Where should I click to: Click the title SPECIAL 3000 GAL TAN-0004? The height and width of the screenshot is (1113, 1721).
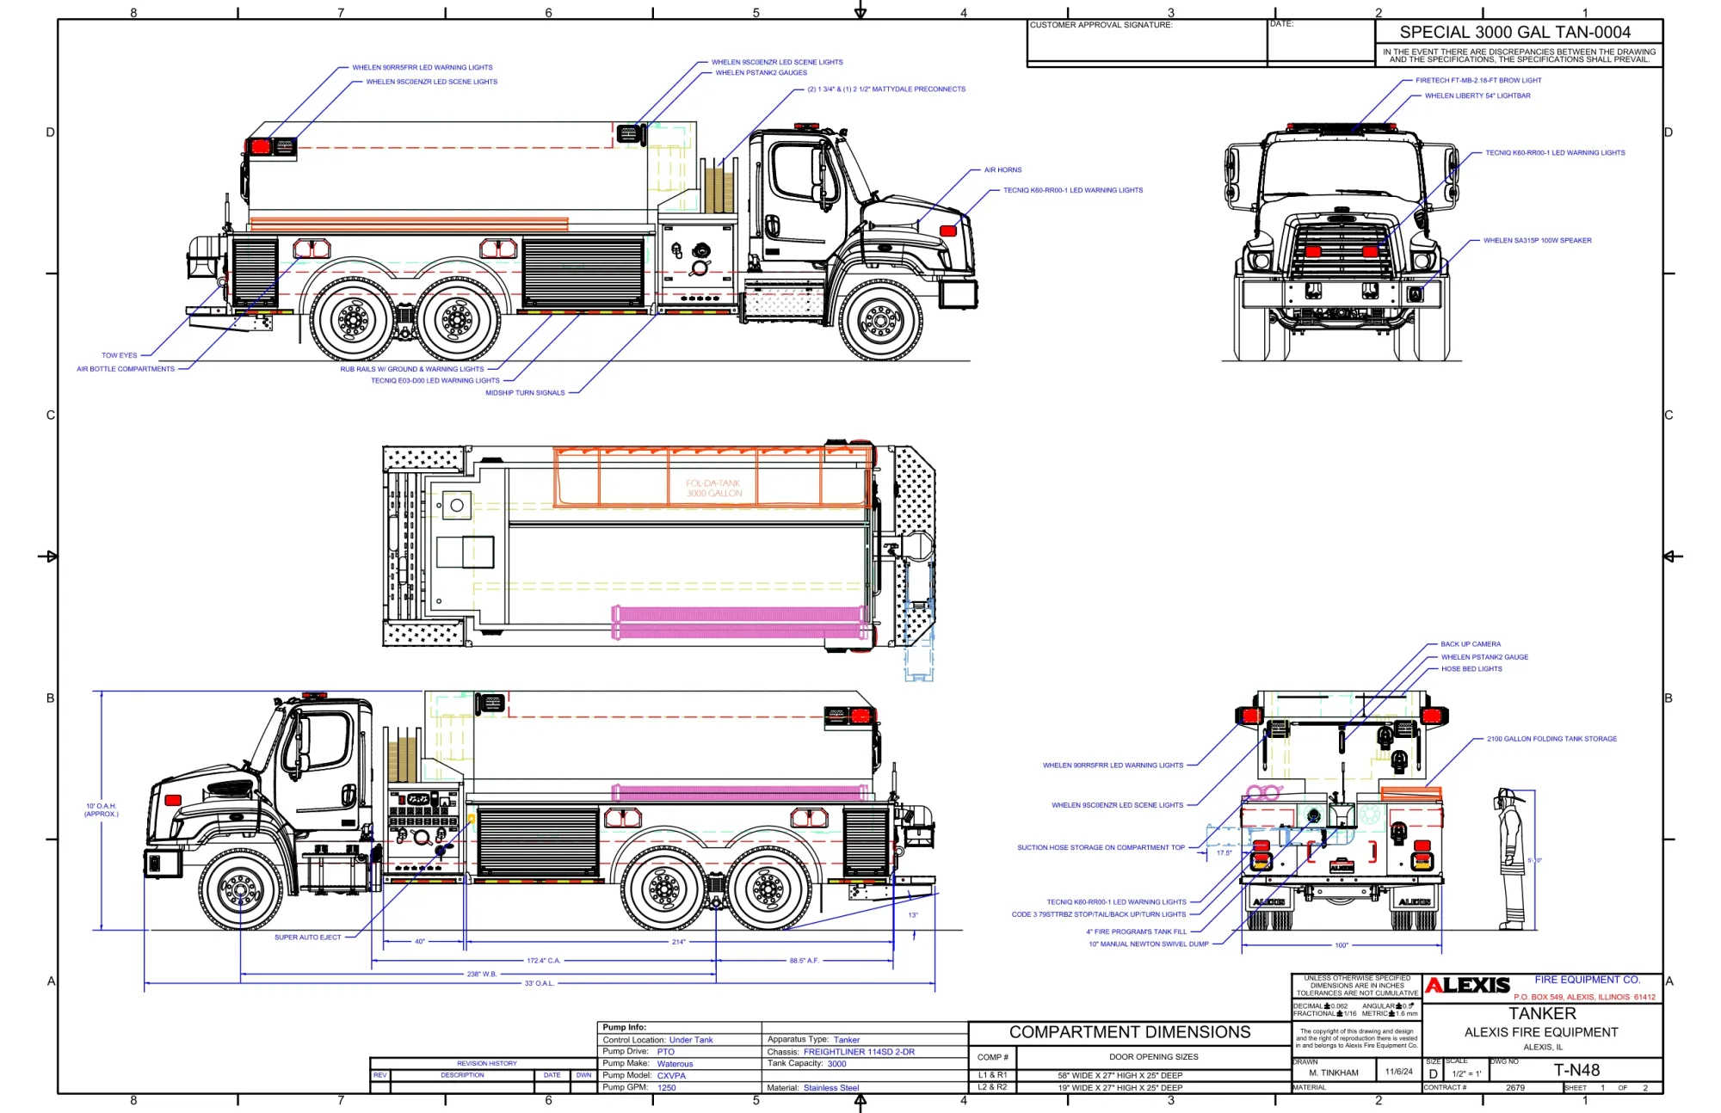1514,33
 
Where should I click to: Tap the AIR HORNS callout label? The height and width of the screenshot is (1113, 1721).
1002,170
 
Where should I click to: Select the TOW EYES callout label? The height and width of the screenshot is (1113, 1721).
119,355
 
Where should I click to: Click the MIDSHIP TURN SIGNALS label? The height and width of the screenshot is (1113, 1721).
525,393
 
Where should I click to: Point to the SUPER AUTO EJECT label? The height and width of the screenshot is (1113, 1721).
307,938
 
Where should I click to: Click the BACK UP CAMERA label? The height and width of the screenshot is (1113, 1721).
1470,644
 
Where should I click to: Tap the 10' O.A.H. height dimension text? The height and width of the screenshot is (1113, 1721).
102,809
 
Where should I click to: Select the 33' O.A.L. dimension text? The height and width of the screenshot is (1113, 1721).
539,983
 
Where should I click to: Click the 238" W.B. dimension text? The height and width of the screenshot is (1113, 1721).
481,975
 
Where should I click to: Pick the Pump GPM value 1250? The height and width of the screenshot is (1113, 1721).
666,1088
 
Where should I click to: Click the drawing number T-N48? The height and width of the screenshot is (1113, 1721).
1576,1070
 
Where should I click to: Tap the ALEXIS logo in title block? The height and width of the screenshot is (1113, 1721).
1467,986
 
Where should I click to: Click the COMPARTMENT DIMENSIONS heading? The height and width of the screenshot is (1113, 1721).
1129,1032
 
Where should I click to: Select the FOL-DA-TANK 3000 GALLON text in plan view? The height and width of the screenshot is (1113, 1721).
713,489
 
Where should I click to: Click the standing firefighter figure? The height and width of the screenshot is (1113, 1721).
1510,858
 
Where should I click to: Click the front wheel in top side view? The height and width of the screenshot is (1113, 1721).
880,320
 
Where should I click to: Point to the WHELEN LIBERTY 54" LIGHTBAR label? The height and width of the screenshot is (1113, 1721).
1477,96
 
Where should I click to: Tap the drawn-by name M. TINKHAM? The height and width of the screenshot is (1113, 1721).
1333,1073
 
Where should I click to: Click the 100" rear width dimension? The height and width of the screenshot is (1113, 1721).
1341,945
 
